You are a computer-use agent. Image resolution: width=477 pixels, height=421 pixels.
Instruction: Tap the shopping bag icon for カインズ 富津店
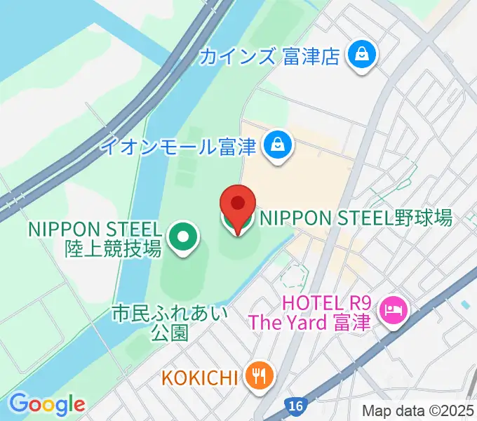(363, 55)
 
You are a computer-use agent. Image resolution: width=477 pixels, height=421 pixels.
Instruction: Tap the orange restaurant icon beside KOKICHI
(260, 377)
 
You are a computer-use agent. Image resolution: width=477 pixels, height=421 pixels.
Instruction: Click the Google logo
(47, 404)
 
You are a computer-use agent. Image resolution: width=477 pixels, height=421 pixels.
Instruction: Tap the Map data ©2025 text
(419, 411)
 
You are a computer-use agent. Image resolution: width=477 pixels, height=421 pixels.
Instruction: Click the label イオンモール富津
(180, 147)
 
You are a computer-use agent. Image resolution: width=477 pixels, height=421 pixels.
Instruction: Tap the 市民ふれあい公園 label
(170, 323)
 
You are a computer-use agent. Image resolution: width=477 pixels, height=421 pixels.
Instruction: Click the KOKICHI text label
(201, 377)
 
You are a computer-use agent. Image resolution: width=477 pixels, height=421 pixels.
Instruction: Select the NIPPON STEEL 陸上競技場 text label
(95, 239)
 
